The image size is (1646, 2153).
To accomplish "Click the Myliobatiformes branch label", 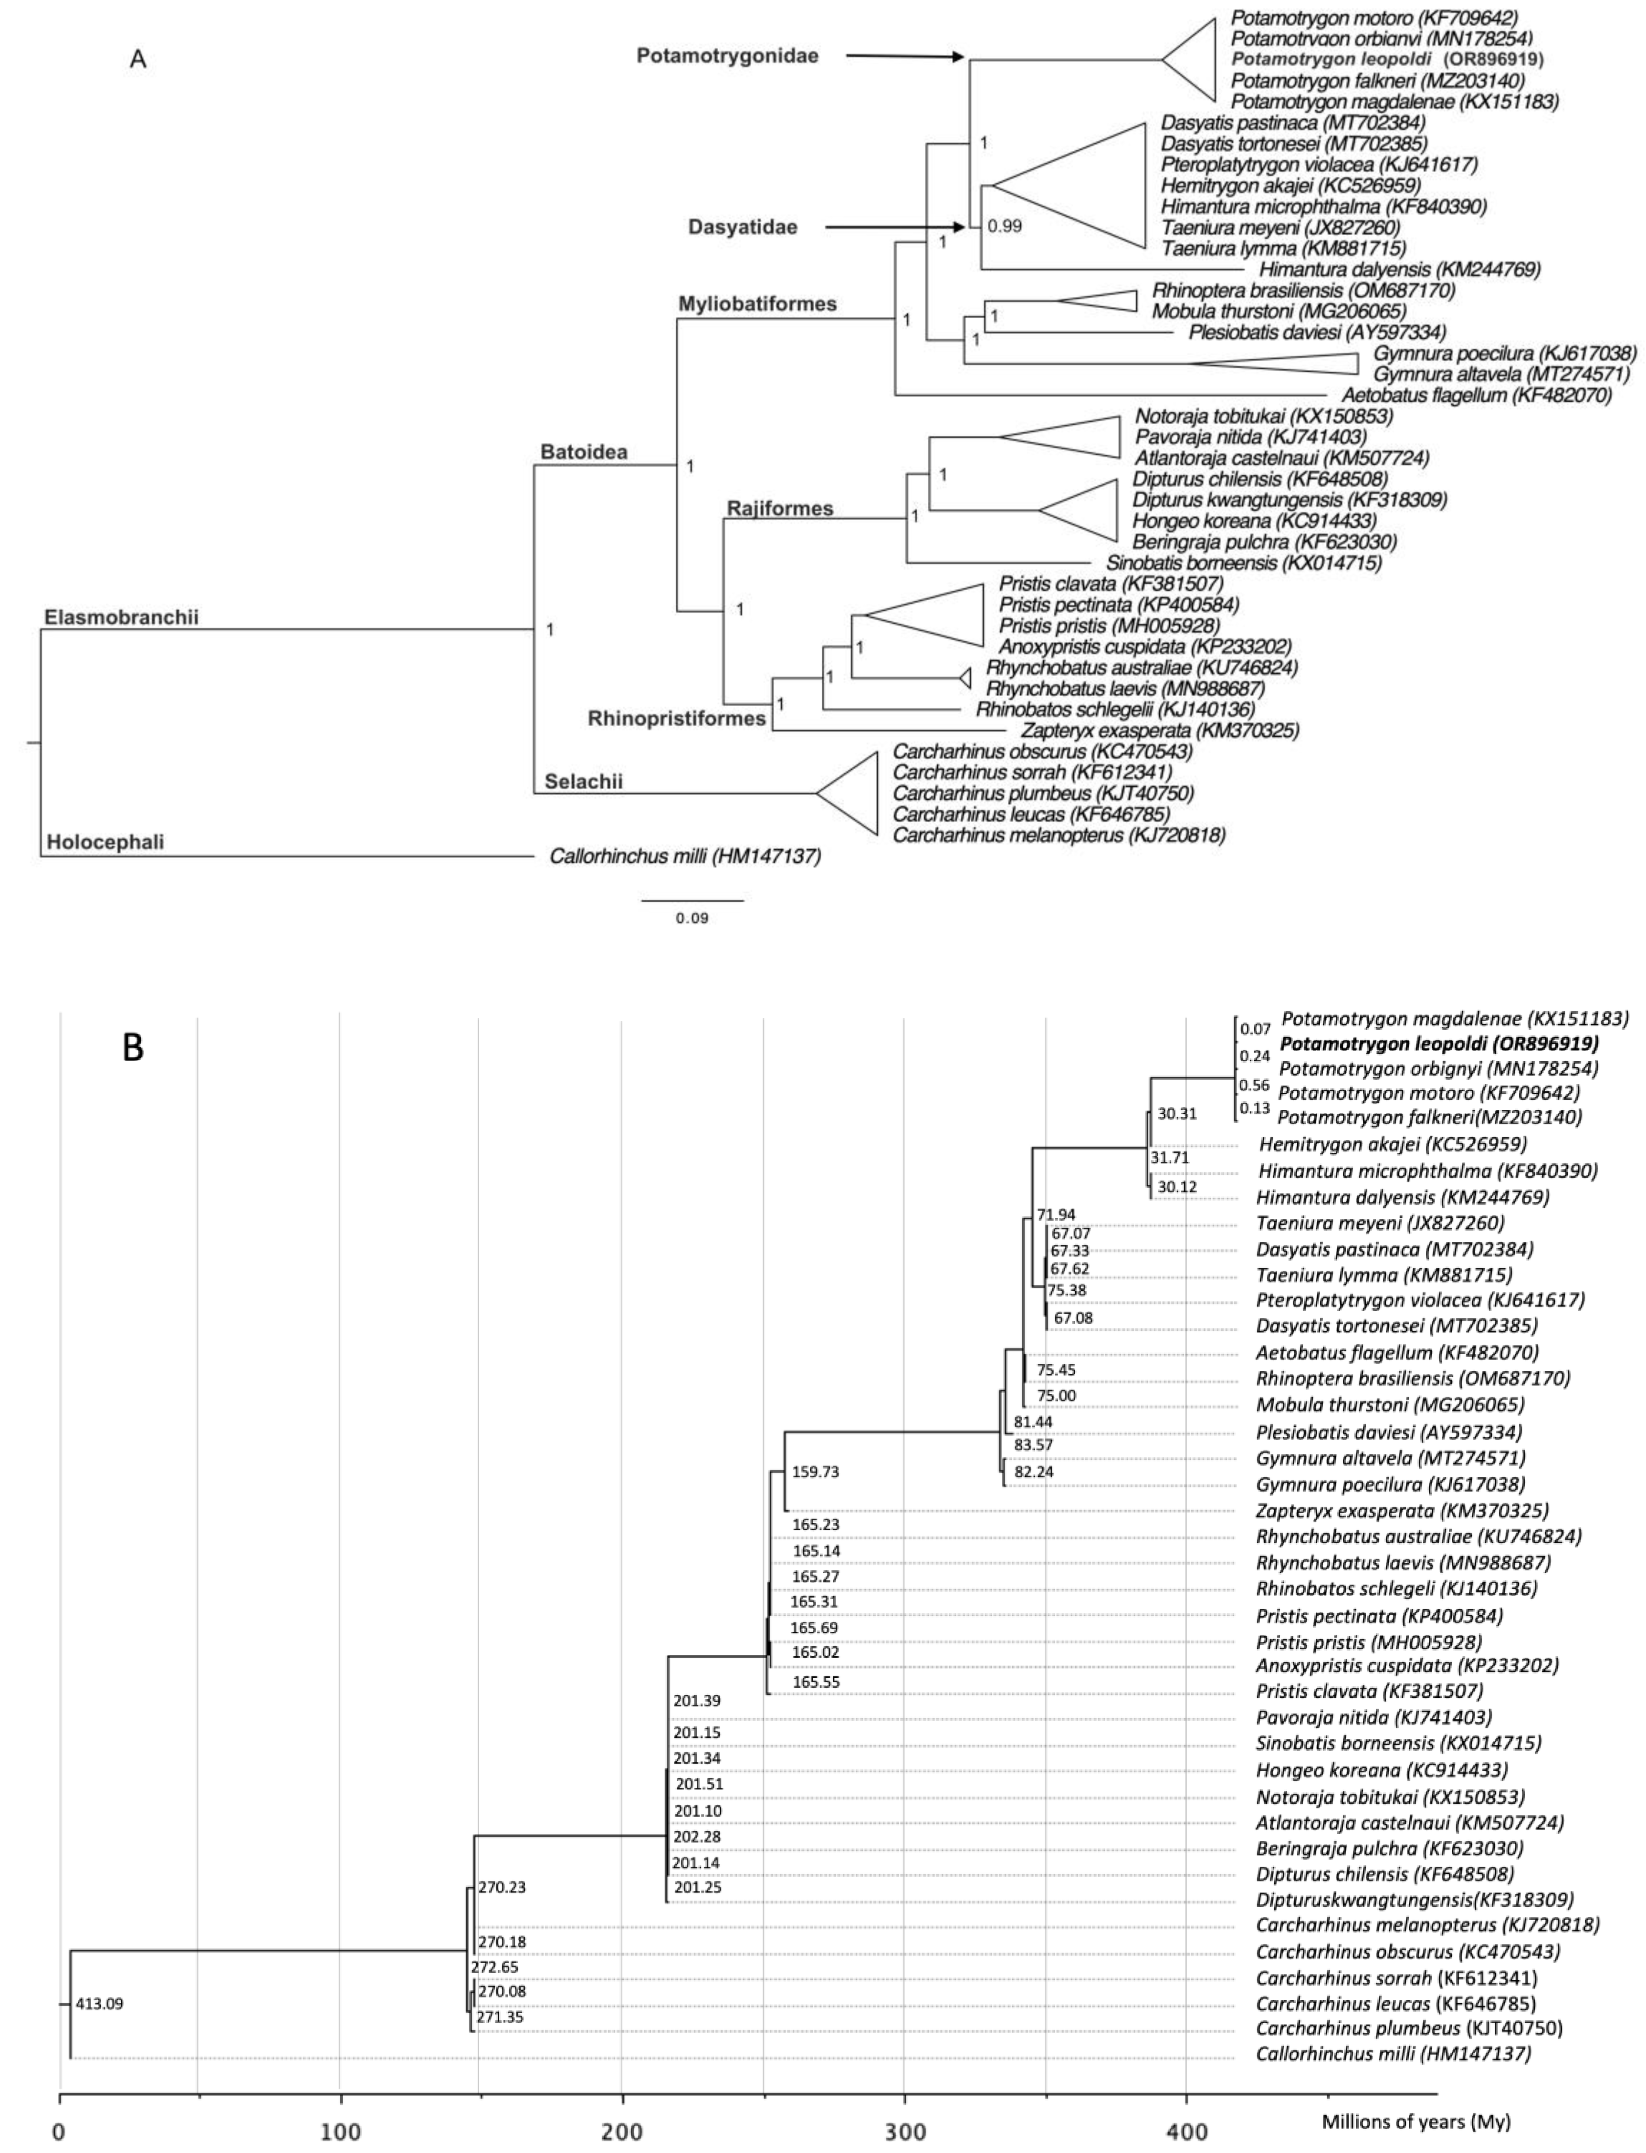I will (757, 303).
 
